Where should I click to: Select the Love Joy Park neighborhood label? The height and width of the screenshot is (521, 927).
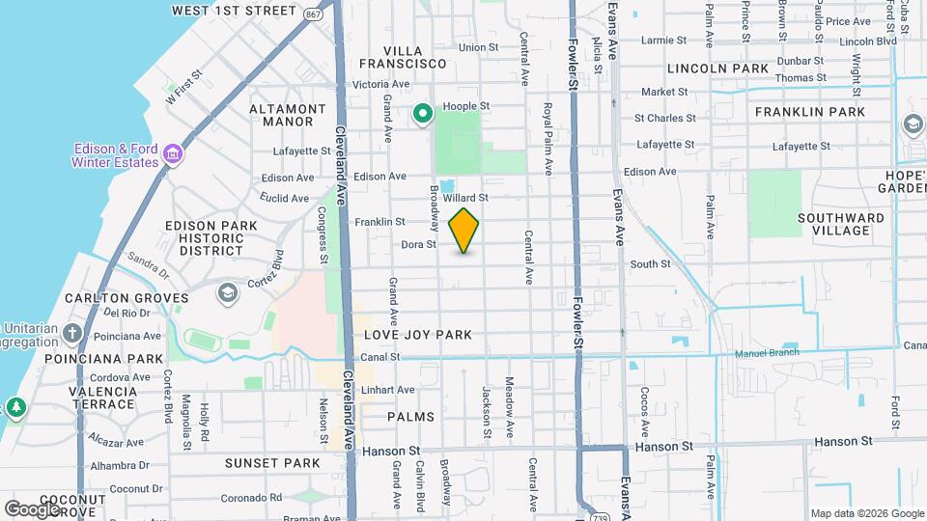[418, 335]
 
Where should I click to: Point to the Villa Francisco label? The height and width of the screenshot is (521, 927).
[415, 56]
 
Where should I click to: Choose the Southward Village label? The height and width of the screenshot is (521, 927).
[841, 224]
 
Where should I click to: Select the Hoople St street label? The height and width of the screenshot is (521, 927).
[466, 106]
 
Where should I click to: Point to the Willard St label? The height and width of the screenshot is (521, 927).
[466, 197]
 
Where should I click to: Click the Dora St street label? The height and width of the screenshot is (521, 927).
[419, 245]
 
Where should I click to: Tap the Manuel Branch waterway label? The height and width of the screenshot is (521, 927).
[771, 353]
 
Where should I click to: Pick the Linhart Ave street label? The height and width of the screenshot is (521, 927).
[390, 390]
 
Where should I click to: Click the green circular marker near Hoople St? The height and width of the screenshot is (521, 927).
[422, 115]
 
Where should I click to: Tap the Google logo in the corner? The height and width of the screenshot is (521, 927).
[31, 508]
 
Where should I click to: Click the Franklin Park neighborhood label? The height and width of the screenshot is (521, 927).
[810, 112]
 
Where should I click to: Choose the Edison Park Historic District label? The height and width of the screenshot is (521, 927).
[211, 237]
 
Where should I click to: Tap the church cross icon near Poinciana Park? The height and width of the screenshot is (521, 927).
[72, 333]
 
